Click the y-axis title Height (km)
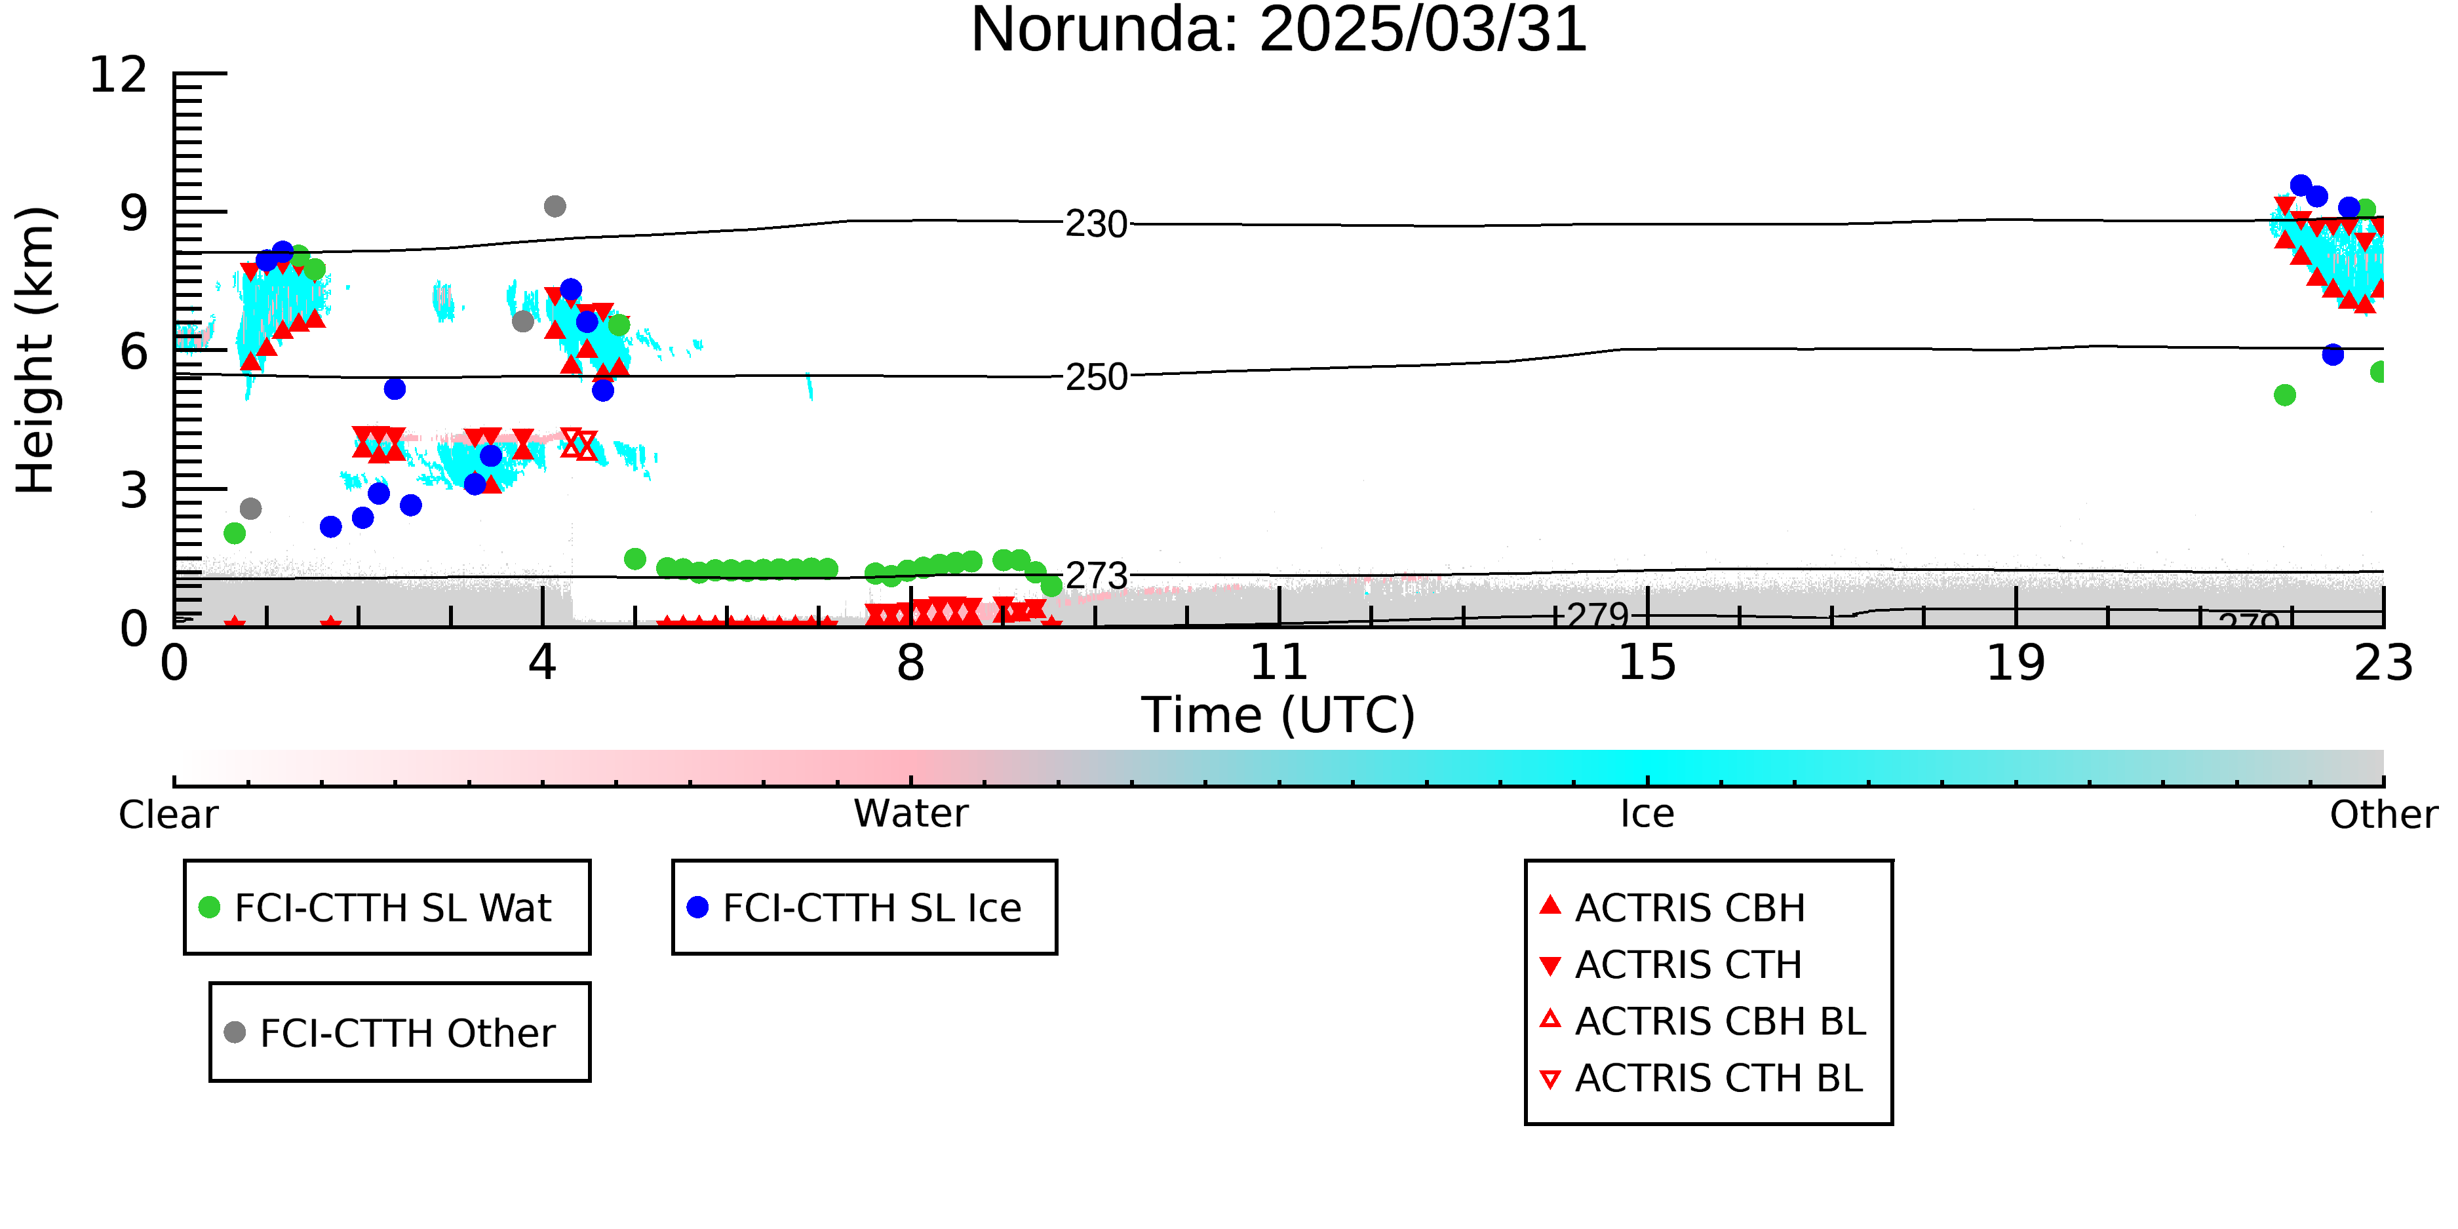(x=35, y=350)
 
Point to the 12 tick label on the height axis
(x=119, y=75)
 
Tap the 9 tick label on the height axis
(x=134, y=213)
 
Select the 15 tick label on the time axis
(x=1647, y=663)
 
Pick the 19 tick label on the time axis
(x=2016, y=663)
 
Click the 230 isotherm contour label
(x=1097, y=225)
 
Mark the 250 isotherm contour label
(x=1097, y=378)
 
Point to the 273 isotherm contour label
(x=1097, y=576)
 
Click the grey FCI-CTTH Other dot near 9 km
(x=555, y=206)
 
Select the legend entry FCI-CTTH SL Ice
(x=854, y=907)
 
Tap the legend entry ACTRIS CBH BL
(x=1704, y=1021)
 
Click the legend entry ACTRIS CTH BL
(x=1702, y=1078)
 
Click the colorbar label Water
(x=911, y=814)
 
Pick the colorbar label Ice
(x=1647, y=814)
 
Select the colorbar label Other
(x=2383, y=815)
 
